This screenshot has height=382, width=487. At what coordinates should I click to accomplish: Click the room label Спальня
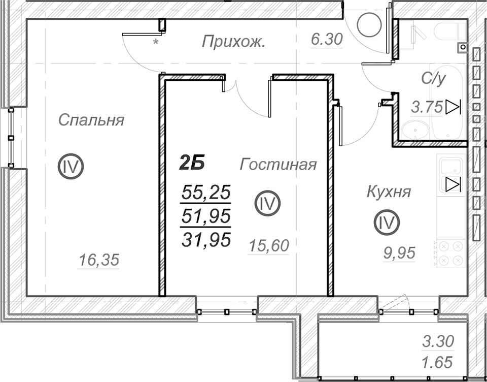[91, 120]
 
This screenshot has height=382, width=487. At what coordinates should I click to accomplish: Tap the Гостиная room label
[278, 165]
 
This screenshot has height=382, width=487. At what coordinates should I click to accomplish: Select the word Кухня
[389, 192]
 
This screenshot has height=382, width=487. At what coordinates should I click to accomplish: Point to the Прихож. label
[233, 42]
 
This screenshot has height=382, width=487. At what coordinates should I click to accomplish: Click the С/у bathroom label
[434, 79]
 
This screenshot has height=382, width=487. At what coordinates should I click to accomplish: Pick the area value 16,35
[99, 260]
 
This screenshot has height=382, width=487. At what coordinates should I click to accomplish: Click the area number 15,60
[269, 246]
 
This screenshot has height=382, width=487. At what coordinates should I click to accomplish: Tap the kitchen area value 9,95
[399, 253]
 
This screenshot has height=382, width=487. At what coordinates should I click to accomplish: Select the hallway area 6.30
[327, 40]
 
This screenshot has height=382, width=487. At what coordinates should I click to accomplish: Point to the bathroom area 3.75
[427, 108]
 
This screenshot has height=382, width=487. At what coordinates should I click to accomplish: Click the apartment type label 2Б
[192, 163]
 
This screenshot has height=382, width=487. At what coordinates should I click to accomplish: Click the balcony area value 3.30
[438, 341]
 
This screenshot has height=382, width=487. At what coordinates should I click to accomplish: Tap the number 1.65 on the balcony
[437, 363]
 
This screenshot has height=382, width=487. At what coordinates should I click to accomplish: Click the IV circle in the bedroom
[71, 166]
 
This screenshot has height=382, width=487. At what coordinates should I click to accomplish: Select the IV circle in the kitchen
[387, 222]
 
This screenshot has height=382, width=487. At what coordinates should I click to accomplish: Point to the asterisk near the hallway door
[156, 42]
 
